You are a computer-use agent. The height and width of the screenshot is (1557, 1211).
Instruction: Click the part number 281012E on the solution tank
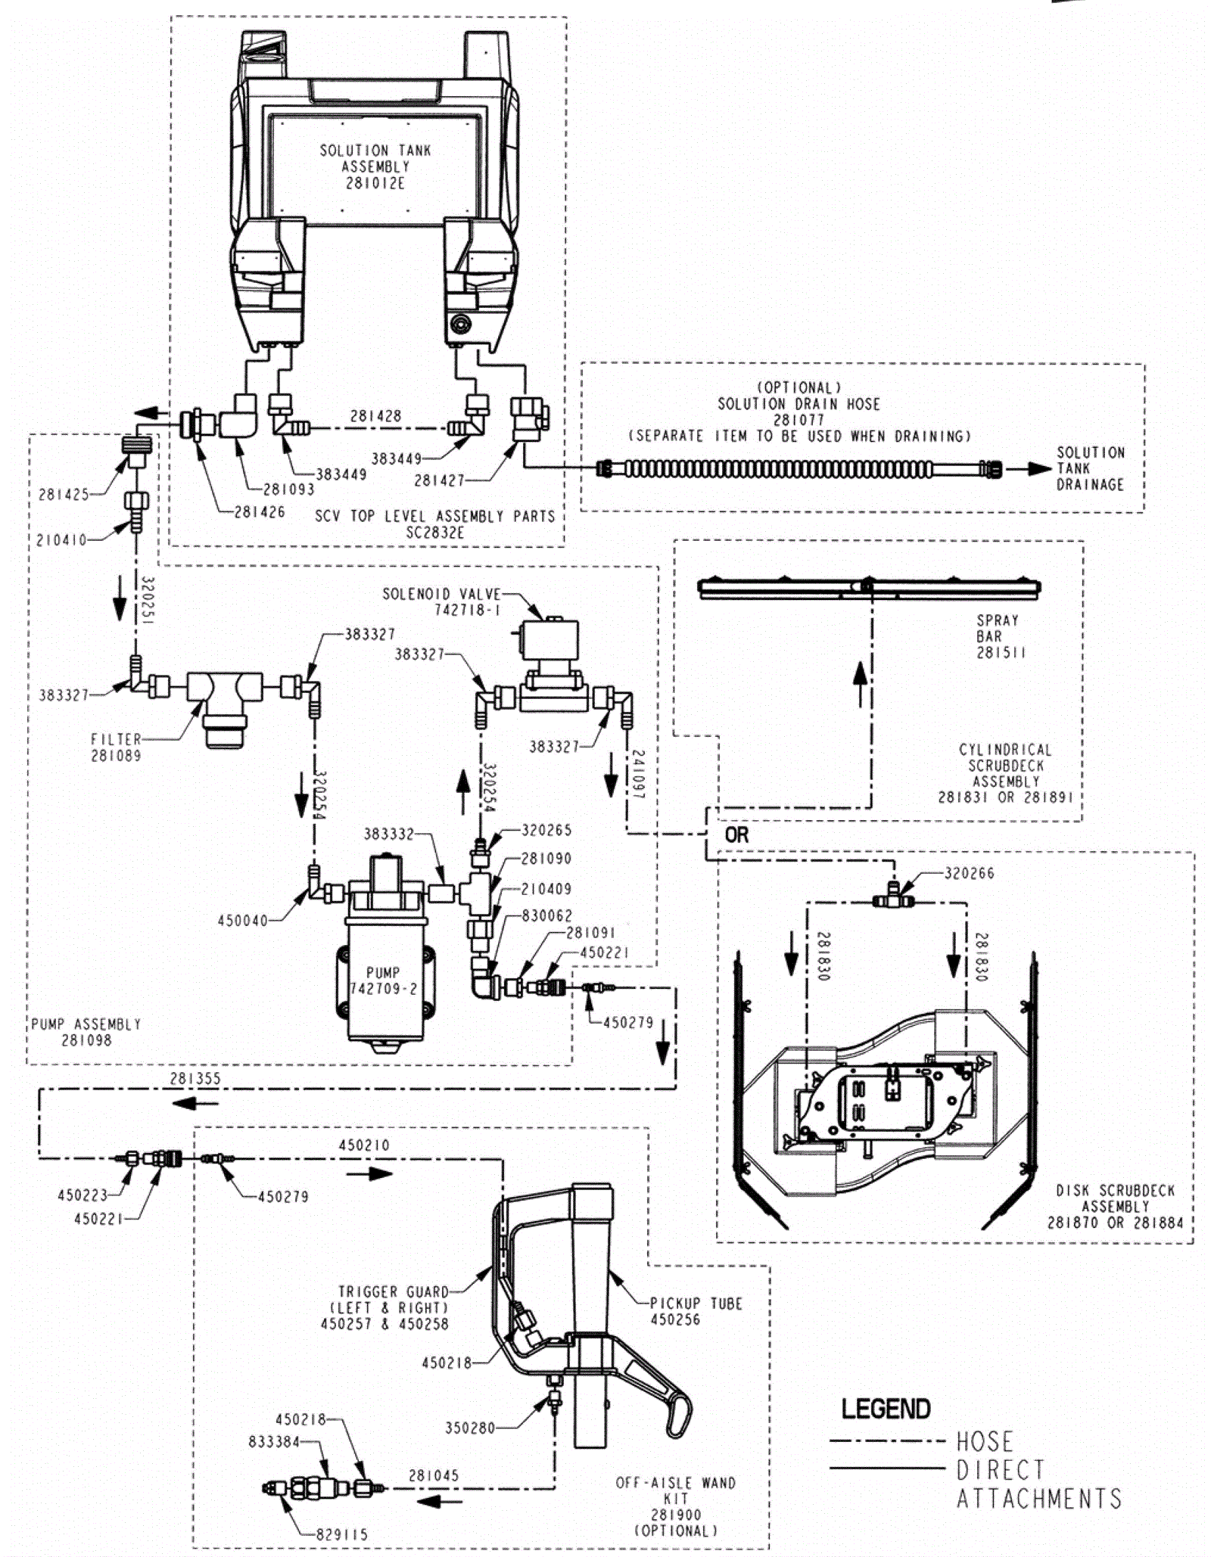[375, 183]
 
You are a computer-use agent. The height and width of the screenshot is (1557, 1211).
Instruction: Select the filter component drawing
[224, 707]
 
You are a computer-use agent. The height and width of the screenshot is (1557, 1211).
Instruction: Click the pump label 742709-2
[383, 989]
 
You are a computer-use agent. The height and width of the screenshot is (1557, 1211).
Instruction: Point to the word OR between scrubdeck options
[736, 835]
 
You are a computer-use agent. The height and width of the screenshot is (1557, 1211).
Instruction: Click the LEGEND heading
[886, 1409]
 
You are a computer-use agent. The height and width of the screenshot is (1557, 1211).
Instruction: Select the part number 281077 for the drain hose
[799, 420]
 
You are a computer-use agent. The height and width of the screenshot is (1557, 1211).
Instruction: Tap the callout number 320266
[969, 873]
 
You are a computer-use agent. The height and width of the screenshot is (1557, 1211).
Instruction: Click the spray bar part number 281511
[1001, 652]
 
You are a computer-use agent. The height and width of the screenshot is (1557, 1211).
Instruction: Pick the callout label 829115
[341, 1534]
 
